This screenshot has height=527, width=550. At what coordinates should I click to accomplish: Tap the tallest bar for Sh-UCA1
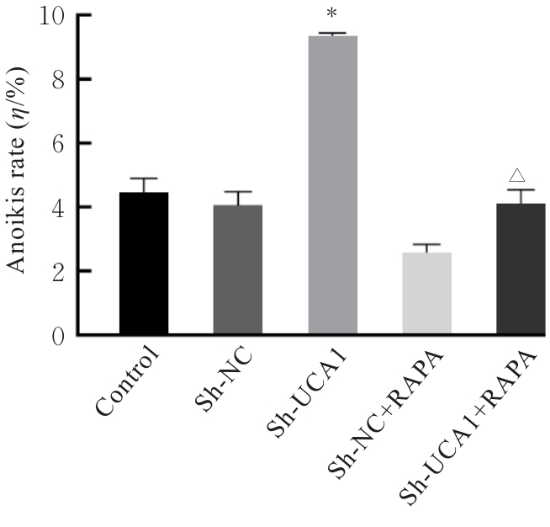(333, 185)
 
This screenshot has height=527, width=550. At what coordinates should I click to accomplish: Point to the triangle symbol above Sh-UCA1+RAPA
(518, 175)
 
